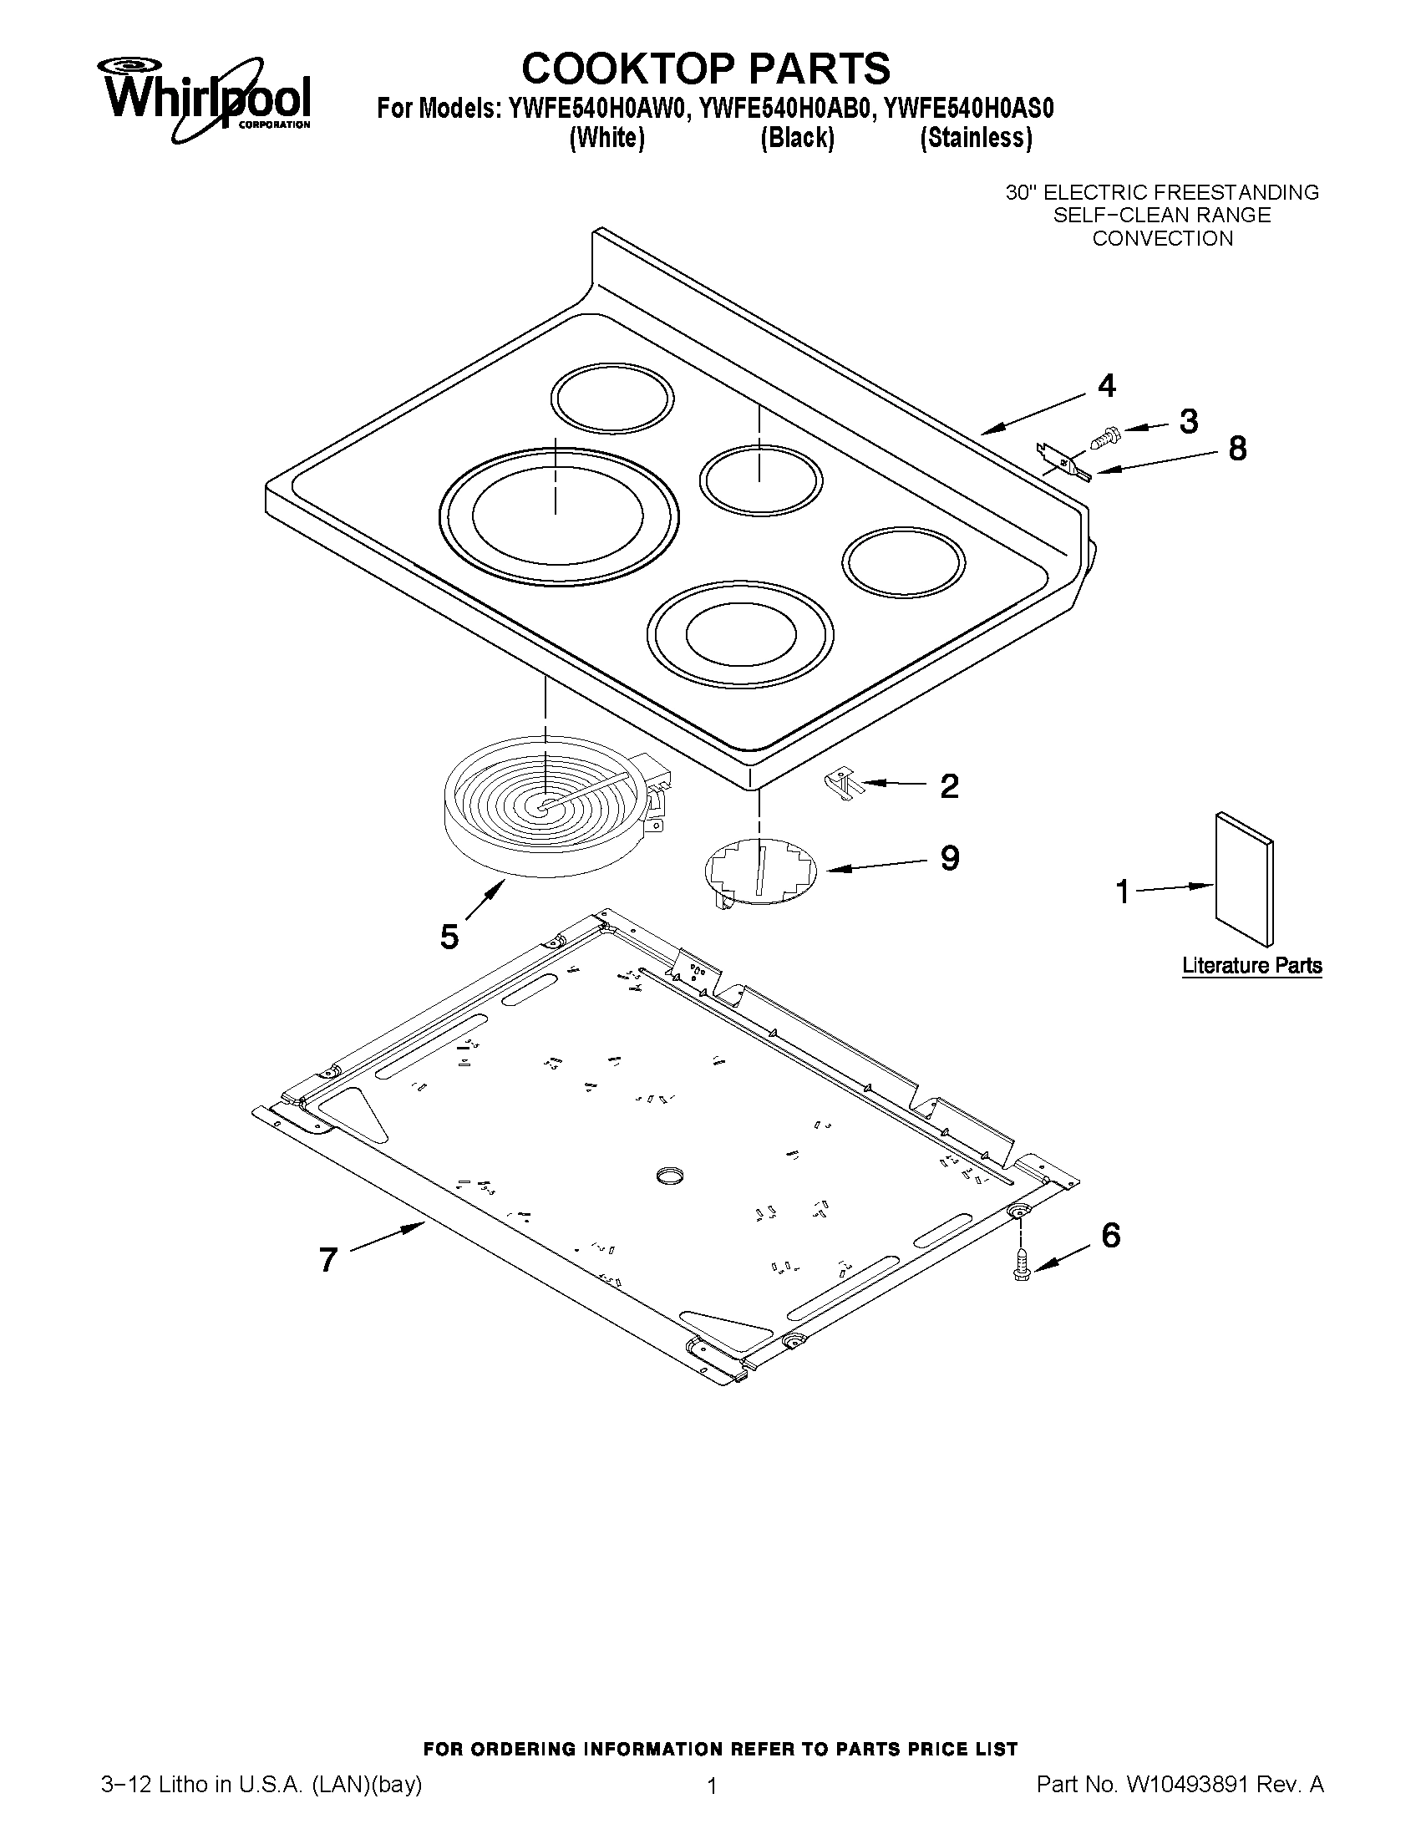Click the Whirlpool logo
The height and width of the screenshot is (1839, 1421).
[x=206, y=98]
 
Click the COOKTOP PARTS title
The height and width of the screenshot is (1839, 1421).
[x=705, y=69]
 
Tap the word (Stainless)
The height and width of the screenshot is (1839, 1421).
[x=976, y=137]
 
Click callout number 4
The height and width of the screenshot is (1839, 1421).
[x=1106, y=386]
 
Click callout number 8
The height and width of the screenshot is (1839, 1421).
[x=1236, y=449]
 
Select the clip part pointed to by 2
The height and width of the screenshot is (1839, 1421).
[x=842, y=785]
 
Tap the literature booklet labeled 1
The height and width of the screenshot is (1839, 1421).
[x=1244, y=879]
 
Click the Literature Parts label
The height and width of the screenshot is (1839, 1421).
[x=1251, y=965]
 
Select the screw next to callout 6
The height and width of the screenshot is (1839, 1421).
[x=1022, y=1262]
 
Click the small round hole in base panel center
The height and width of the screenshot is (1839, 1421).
[x=670, y=1176]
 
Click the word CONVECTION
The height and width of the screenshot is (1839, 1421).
[x=1162, y=238]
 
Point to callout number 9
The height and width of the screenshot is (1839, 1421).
[x=950, y=858]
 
